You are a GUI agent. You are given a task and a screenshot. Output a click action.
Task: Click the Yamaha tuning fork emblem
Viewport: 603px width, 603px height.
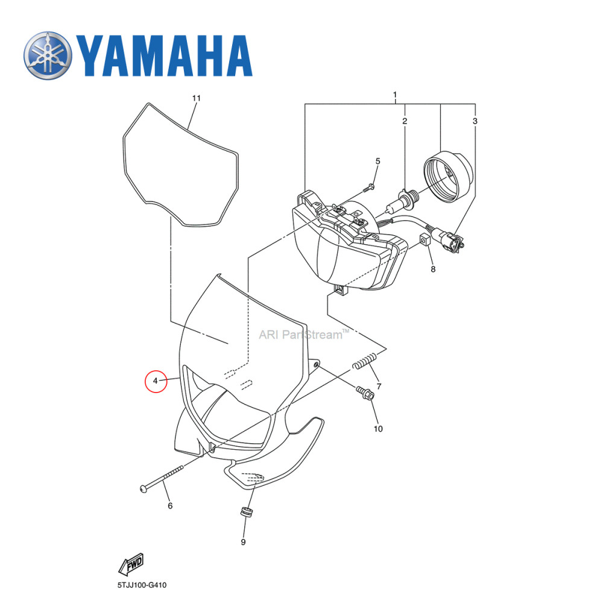47,57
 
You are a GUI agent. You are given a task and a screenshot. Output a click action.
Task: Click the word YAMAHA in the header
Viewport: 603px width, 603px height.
164,56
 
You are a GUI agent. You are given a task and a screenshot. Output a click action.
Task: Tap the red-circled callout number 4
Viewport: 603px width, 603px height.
156,381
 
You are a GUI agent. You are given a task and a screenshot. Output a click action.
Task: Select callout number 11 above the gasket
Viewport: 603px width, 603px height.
195,98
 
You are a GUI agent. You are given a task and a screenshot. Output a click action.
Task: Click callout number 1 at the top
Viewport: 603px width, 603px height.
395,95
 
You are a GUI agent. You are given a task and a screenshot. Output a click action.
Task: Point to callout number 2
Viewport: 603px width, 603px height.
405,121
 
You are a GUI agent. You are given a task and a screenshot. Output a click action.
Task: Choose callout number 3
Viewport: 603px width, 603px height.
475,121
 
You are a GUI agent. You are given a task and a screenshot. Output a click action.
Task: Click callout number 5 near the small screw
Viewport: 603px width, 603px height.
378,161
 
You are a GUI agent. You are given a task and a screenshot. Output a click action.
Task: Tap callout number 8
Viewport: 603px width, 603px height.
432,270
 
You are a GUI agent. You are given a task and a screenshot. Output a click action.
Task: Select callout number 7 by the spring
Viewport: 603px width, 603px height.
378,386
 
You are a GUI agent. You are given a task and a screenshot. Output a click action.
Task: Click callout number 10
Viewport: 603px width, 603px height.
378,429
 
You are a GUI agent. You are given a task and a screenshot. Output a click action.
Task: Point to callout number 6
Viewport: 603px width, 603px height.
169,505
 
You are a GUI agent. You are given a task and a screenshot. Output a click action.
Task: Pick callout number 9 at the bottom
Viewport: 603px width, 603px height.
243,542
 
